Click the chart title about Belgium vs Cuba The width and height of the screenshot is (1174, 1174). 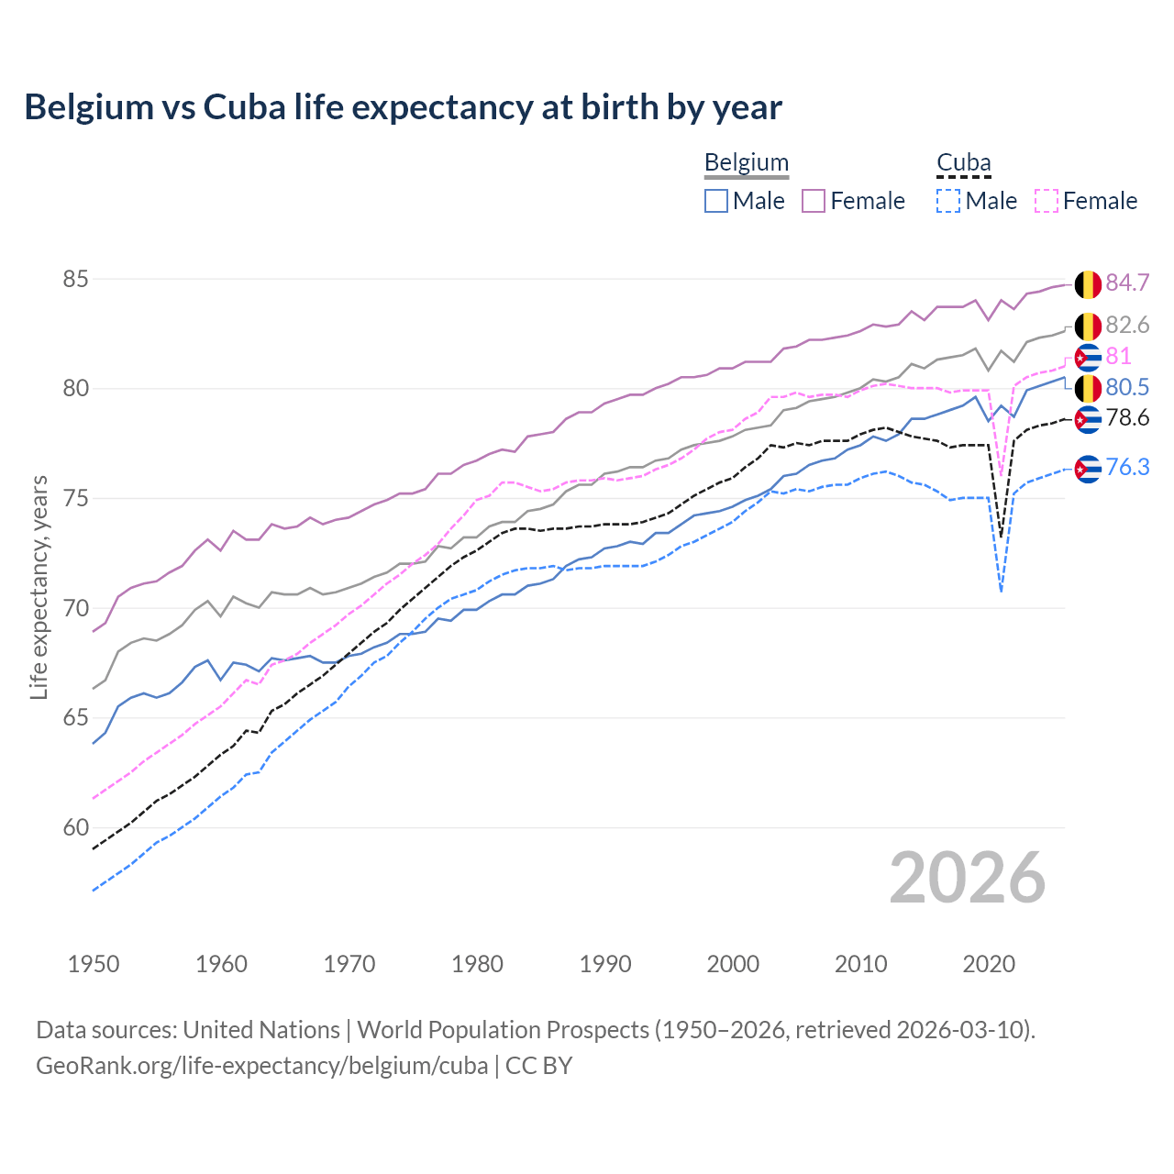point(403,107)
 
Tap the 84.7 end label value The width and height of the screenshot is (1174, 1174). point(1127,282)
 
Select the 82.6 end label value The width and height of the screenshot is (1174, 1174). point(1127,325)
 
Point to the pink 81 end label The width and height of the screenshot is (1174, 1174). point(1118,356)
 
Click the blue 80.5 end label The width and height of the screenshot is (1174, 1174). point(1127,387)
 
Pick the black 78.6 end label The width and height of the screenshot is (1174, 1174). point(1127,418)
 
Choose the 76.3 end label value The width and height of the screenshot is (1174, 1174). point(1127,467)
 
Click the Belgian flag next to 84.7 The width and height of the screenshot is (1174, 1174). point(1088,284)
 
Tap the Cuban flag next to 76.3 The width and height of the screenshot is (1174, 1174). point(1088,469)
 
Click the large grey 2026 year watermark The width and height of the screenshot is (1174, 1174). point(967,878)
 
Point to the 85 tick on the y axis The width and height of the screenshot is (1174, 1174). point(75,279)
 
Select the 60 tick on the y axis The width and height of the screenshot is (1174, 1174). point(75,827)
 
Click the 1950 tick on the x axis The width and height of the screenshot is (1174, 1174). point(94,964)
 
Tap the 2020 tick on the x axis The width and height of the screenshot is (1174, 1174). point(989,964)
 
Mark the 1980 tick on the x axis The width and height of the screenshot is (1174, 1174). point(477,964)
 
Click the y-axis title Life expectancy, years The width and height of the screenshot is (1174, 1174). point(39,587)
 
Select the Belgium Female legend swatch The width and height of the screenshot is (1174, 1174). point(814,201)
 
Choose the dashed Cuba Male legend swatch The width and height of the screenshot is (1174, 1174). point(948,201)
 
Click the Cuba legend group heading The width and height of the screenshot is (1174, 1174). point(963,163)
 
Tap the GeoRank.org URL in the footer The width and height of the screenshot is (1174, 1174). point(261,1066)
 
